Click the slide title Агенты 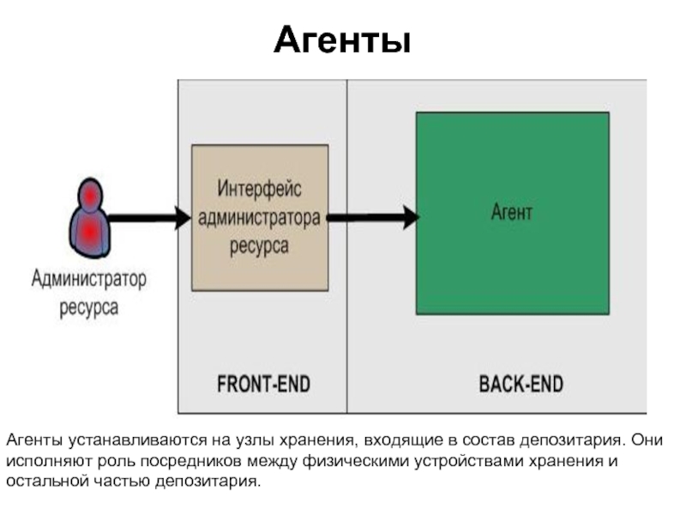pyautogui.click(x=342, y=40)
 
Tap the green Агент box pyautogui.click(x=512, y=213)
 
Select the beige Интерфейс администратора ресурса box pyautogui.click(x=260, y=218)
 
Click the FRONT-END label pyautogui.click(x=264, y=384)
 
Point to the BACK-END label pyautogui.click(x=521, y=384)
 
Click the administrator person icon pyautogui.click(x=89, y=218)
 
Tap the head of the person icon pyautogui.click(x=90, y=196)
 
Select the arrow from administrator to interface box pyautogui.click(x=149, y=218)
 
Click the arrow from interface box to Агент pyautogui.click(x=373, y=217)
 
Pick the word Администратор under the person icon pyautogui.click(x=89, y=279)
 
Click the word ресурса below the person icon pyautogui.click(x=89, y=307)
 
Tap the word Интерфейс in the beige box pyautogui.click(x=260, y=189)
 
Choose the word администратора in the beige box pyautogui.click(x=260, y=218)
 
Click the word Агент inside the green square pyautogui.click(x=512, y=212)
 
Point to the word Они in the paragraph pyautogui.click(x=647, y=439)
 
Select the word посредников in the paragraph pyautogui.click(x=191, y=461)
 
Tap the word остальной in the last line pyautogui.click(x=48, y=482)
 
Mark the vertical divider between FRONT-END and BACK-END pyautogui.click(x=347, y=246)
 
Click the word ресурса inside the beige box pyautogui.click(x=260, y=246)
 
